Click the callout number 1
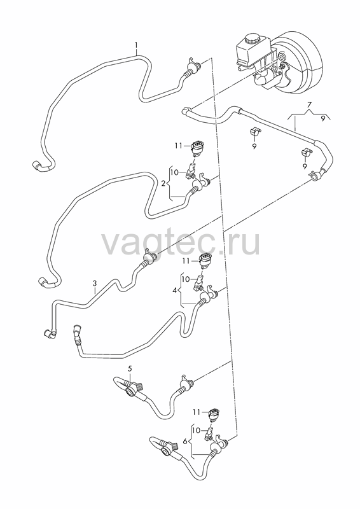pos(136,44)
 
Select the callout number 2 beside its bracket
pos(163,184)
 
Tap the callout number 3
pos(95,283)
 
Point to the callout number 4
pos(175,290)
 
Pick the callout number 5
pos(130,368)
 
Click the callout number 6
pos(185,442)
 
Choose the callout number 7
pos(309,104)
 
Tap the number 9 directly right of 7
pos(323,119)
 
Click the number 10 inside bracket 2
pos(174,172)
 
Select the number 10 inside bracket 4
pos(185,279)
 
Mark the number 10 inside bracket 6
pos(196,431)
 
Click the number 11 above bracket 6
pos(197,412)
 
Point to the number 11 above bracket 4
pos(185,261)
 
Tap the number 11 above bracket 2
pos(178,146)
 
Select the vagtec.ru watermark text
pos(181,244)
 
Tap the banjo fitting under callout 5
pos(132,389)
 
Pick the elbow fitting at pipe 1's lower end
pos(38,166)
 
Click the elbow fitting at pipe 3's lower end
pos(50,332)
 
